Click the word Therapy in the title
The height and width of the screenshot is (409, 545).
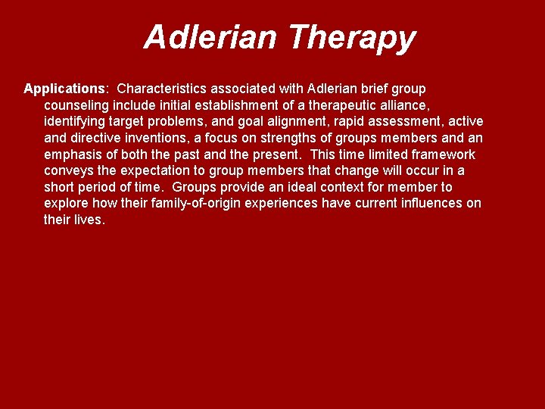[352, 37]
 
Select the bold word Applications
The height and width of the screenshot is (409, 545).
[66, 89]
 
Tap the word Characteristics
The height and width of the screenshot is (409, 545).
[164, 89]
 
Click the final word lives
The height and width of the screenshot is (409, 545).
[88, 220]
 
